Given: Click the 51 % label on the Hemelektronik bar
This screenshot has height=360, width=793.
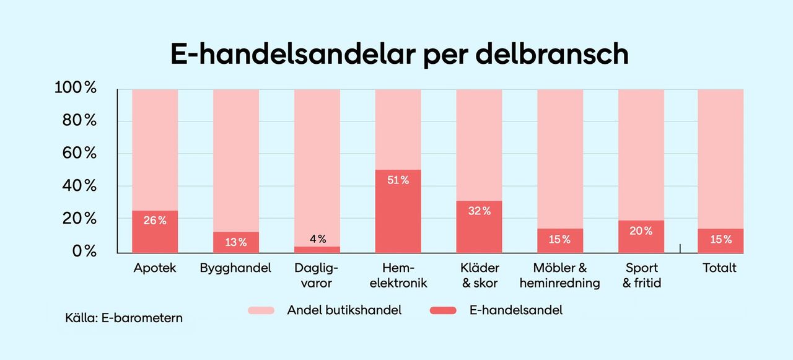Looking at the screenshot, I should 398,180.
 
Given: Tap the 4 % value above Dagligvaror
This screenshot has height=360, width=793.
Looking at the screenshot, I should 317,239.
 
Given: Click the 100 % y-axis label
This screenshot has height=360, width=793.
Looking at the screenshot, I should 76,88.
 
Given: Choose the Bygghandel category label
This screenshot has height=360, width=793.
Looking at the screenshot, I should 235,268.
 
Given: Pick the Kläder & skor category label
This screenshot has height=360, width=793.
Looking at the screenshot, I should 480,276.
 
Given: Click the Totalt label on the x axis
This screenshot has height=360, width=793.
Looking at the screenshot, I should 719,268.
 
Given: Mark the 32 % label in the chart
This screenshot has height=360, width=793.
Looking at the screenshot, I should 479,211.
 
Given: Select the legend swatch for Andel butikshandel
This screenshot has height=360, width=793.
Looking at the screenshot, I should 261,310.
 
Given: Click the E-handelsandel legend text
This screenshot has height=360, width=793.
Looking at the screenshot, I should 516,310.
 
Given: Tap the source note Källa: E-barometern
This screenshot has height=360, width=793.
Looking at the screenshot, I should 124,319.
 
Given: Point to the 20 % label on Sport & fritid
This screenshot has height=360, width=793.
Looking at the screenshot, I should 641,230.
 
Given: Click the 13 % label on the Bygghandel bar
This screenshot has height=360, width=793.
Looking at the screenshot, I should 235,242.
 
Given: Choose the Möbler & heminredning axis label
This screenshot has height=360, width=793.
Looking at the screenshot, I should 560,276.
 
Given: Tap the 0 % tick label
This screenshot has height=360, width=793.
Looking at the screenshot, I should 84,252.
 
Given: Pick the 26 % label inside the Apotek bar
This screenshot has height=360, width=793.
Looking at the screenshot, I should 155,220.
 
